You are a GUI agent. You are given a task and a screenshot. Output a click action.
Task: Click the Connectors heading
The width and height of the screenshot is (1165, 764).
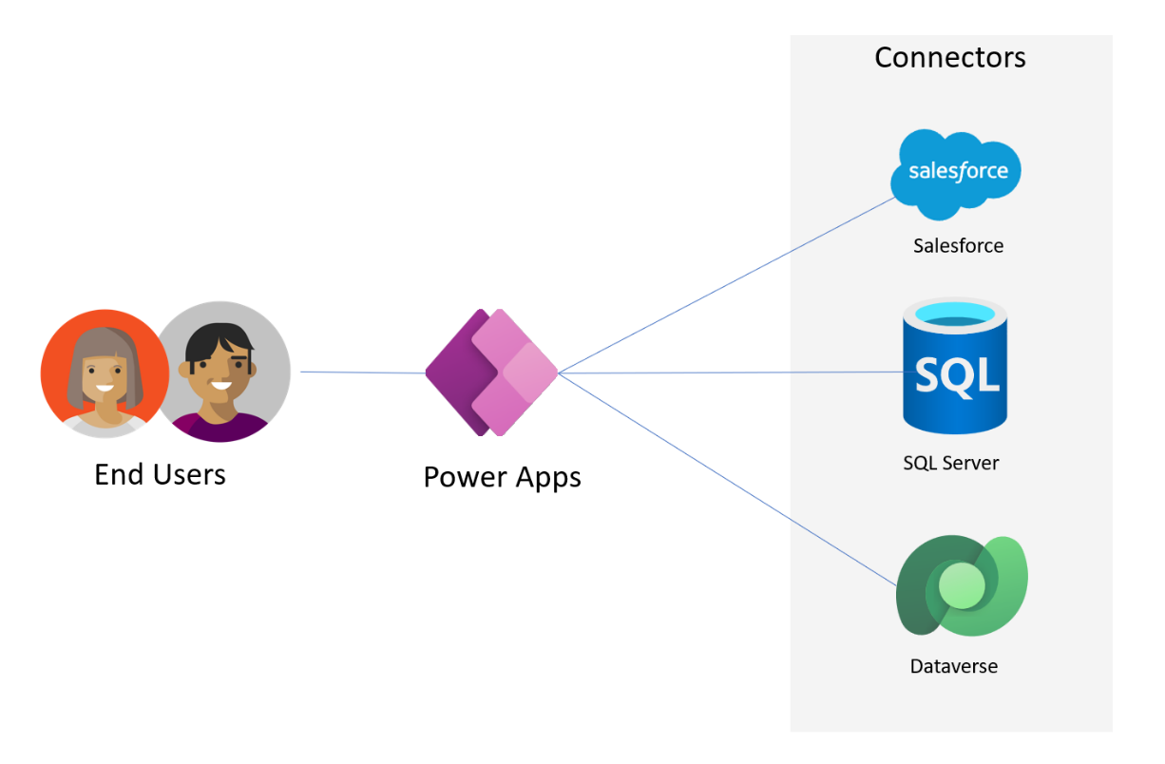tap(949, 58)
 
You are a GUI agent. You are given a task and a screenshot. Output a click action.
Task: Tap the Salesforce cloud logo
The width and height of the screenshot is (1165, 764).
tap(956, 171)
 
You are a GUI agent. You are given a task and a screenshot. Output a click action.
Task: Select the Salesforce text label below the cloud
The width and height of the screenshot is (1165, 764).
tap(958, 246)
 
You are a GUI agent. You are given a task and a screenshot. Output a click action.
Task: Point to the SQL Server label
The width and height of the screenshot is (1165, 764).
tap(950, 464)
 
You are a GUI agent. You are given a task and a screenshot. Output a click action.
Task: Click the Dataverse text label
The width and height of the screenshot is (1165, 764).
tap(953, 666)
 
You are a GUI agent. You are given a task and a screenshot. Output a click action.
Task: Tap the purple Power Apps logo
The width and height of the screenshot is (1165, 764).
tap(491, 372)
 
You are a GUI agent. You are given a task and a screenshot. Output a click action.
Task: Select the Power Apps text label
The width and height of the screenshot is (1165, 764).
tap(502, 476)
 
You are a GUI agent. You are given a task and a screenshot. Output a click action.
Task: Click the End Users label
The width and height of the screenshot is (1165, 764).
tap(160, 473)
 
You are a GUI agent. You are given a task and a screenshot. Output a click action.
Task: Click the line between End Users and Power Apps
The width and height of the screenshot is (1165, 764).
tap(361, 373)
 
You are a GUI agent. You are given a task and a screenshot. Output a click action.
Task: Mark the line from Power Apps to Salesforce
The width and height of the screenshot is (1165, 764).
tap(722, 287)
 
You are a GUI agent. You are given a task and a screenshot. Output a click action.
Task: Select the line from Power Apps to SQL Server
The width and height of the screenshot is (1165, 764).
tap(732, 373)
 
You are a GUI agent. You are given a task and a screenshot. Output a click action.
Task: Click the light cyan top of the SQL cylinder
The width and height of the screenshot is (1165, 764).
tap(954, 312)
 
